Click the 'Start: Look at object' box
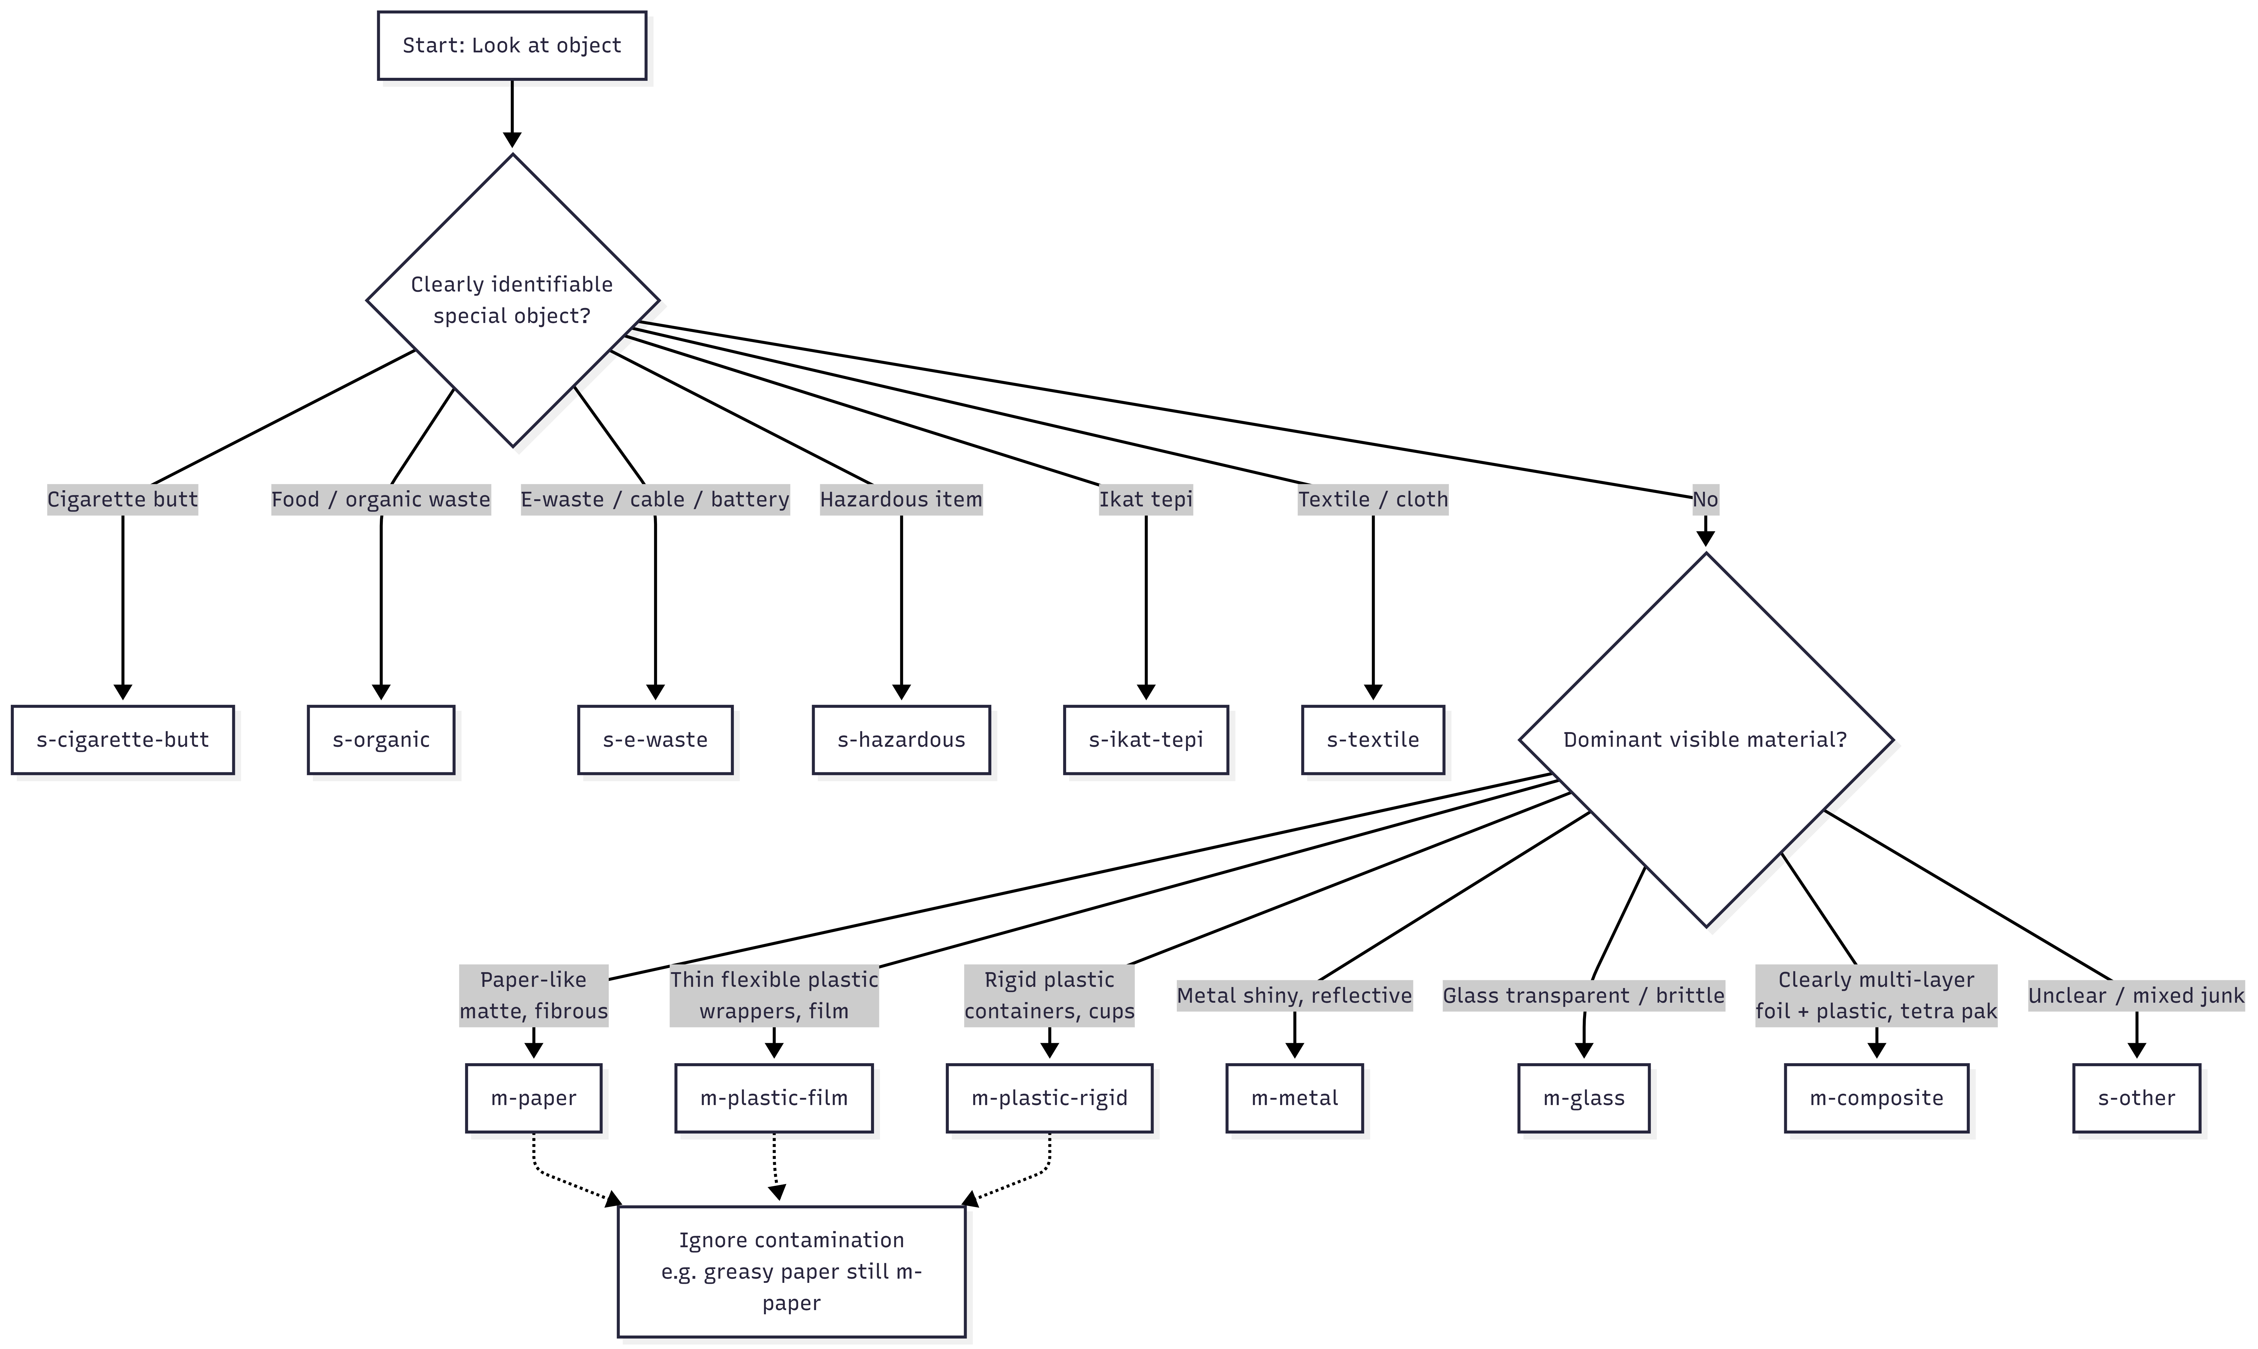(x=512, y=45)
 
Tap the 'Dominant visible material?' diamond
(x=1705, y=740)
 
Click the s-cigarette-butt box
(x=123, y=740)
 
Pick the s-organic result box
(x=381, y=740)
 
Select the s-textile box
(x=1373, y=740)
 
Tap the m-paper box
(x=534, y=1098)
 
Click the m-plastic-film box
(x=774, y=1098)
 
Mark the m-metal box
(x=1295, y=1098)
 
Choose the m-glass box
(x=1584, y=1098)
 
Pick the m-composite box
(x=1876, y=1098)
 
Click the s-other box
(x=2136, y=1098)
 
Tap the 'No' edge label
(x=1705, y=499)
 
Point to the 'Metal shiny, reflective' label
(x=1295, y=996)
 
